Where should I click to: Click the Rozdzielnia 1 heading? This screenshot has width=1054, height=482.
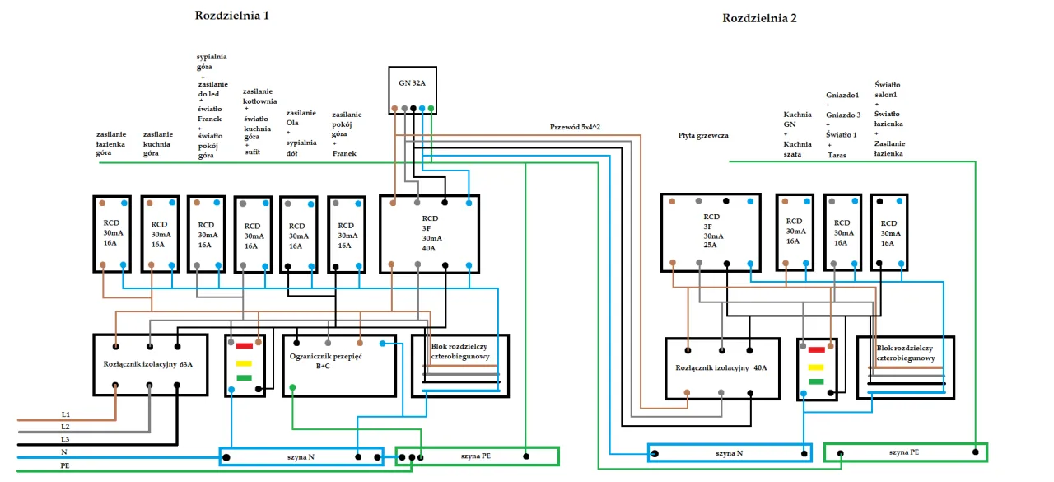(231, 16)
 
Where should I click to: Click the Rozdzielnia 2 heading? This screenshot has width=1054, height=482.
(759, 18)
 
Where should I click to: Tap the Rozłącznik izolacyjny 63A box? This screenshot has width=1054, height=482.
(149, 365)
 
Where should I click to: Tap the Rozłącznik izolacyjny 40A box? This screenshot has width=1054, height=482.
(721, 368)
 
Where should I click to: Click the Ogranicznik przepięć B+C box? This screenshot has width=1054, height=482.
(338, 364)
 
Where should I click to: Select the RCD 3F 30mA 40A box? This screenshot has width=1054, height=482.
(429, 233)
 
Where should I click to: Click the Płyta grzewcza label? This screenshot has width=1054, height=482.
(703, 135)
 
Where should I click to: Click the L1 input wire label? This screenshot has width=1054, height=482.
(66, 414)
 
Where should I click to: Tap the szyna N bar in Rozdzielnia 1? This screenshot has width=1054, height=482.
(301, 456)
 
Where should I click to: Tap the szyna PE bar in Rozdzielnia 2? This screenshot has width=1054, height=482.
(904, 452)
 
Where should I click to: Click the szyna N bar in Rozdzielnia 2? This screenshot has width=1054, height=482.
(729, 452)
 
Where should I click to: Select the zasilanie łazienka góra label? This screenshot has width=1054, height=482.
(111, 143)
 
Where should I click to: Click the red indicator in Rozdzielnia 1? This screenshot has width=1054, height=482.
(245, 346)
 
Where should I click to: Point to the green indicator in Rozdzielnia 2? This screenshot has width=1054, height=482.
(816, 381)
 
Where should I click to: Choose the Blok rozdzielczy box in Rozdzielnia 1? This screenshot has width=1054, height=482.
(460, 366)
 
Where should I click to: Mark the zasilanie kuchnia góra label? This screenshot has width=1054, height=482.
(158, 143)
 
